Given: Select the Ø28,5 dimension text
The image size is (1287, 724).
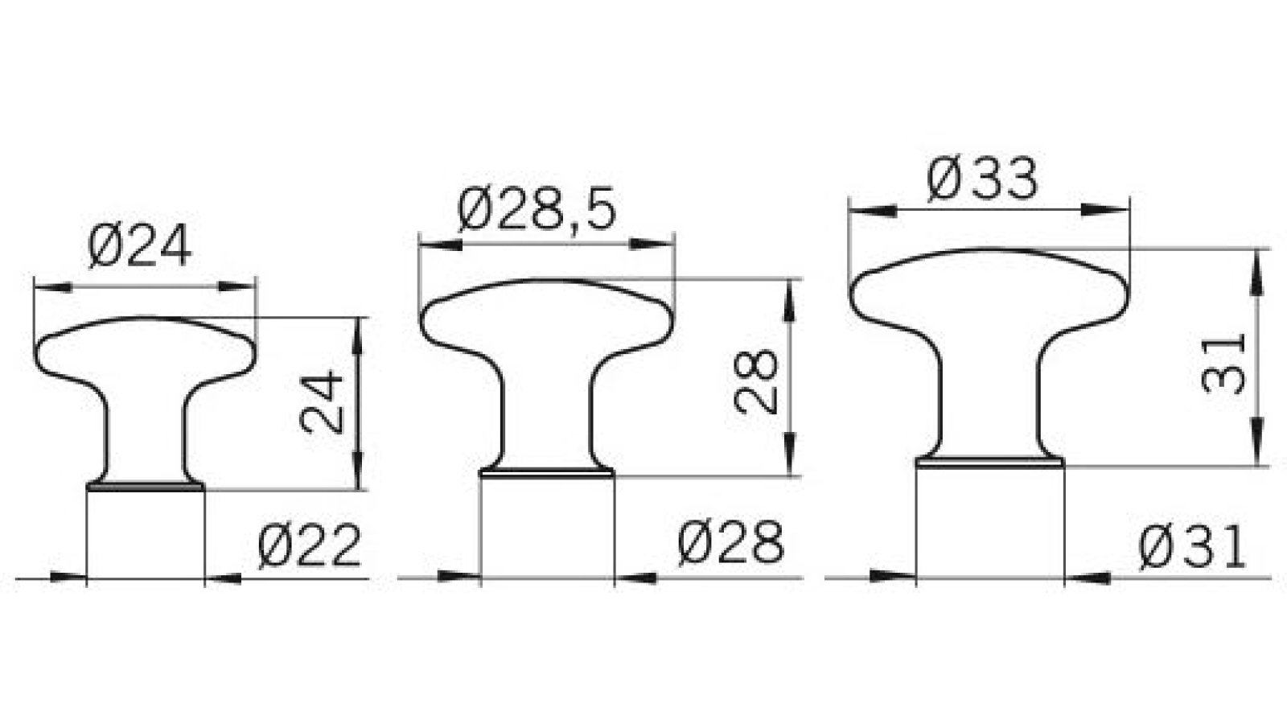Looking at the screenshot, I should tap(537, 211).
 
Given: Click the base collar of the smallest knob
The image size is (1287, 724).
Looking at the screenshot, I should tap(145, 486).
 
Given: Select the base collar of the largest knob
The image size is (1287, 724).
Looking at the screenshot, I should tap(990, 462).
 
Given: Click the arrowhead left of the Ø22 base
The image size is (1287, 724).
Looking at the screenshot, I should tap(68, 577).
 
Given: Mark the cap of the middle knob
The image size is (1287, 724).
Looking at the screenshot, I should tap(547, 314).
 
